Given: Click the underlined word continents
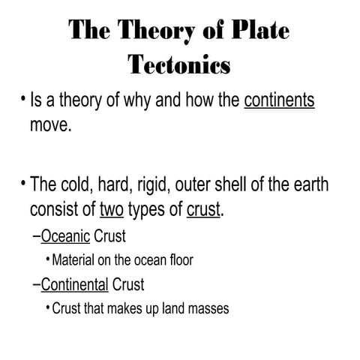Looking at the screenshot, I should [279, 100].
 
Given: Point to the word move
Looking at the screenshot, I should [50, 124].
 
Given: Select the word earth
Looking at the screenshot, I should [310, 184].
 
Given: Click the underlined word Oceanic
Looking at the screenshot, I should [66, 237].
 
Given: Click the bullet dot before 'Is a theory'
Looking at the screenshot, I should [23, 100].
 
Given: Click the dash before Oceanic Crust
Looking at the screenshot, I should [37, 238].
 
